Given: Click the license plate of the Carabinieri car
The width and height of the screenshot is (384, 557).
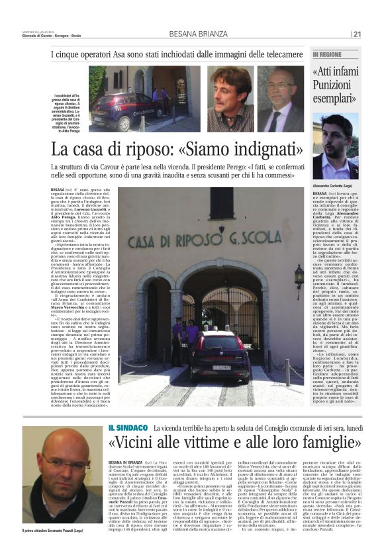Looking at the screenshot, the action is (x=221, y=367).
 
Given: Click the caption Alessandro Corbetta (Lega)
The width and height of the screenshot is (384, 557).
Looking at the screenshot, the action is (x=336, y=185).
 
